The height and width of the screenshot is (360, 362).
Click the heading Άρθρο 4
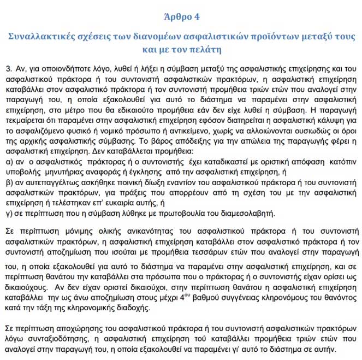pos(181,17)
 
